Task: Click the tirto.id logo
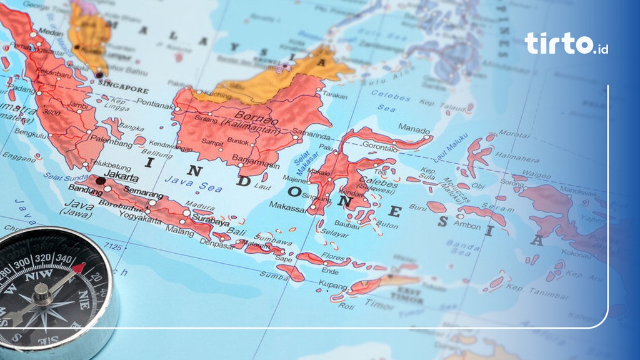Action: click(x=566, y=43)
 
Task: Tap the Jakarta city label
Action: click(x=122, y=174)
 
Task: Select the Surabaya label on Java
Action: click(x=211, y=221)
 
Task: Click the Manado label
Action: click(x=414, y=129)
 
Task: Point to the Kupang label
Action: click(x=332, y=285)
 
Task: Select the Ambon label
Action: click(x=467, y=225)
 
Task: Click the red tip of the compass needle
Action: click(x=78, y=268)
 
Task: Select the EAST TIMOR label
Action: click(x=410, y=295)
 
